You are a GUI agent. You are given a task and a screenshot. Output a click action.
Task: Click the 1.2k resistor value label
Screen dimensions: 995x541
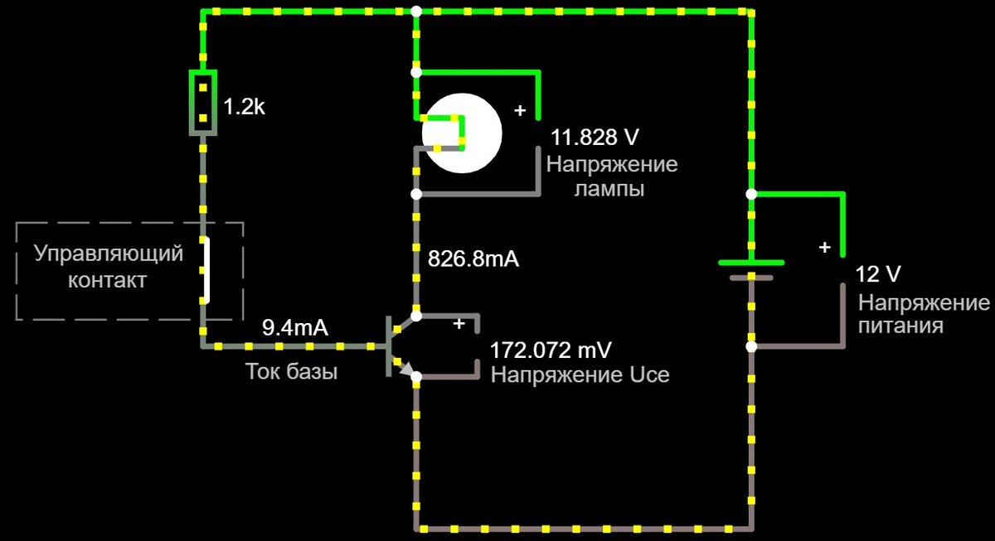tap(245, 107)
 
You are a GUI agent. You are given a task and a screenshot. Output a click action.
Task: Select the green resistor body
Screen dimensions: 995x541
tap(203, 103)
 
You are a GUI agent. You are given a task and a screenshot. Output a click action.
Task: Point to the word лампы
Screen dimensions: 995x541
tap(609, 190)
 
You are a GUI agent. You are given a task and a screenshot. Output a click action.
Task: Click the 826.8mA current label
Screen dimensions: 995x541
tap(473, 258)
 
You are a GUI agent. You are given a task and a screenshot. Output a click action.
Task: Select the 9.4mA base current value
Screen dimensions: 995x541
tap(295, 327)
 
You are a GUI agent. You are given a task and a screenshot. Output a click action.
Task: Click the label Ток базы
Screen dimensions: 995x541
tap(291, 372)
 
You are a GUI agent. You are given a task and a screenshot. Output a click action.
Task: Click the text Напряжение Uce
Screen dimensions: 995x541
tap(580, 374)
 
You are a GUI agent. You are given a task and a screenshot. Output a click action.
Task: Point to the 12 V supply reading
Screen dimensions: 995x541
tap(878, 274)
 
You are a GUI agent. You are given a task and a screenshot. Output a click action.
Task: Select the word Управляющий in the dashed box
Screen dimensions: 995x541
tap(109, 254)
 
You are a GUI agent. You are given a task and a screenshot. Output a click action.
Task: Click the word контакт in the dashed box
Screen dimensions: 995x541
tap(107, 280)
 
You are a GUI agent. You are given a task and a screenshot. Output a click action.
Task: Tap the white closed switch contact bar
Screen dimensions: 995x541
tap(205, 269)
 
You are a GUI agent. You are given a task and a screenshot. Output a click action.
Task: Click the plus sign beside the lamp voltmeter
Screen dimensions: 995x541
tap(521, 110)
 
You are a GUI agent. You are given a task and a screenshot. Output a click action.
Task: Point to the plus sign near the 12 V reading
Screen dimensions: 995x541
tap(824, 247)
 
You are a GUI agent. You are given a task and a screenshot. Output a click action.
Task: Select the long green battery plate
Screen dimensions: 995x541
tap(751, 263)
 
